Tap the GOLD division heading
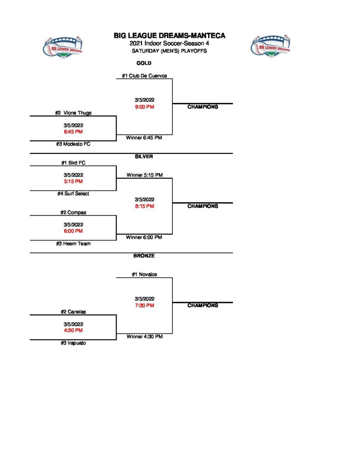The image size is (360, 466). [x=144, y=63]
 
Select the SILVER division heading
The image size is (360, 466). [x=144, y=157]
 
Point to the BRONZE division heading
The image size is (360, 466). [x=144, y=256]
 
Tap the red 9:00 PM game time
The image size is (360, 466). [x=144, y=107]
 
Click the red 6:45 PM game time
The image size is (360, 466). [x=73, y=132]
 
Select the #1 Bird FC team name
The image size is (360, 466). [x=73, y=163]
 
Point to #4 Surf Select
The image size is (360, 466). [x=73, y=194]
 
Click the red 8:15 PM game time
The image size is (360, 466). [x=144, y=206]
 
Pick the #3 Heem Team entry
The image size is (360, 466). [x=73, y=244]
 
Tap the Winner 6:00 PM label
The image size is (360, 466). [x=144, y=237]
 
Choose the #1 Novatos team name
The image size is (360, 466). [x=144, y=274]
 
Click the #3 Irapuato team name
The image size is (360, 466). [x=73, y=343]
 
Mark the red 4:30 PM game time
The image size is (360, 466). [x=73, y=330]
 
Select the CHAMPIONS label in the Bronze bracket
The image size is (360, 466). [x=203, y=306]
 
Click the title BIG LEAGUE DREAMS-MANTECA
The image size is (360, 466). [x=169, y=35]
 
